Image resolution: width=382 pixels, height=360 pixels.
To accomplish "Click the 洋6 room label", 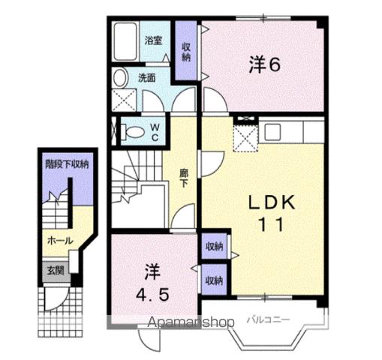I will pyautogui.click(x=264, y=64).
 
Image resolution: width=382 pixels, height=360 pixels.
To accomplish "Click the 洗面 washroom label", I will pyautogui.click(x=146, y=76).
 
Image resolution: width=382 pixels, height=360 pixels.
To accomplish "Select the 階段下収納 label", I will pyautogui.click(x=67, y=163).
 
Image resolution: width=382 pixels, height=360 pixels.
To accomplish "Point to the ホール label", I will pyautogui.click(x=60, y=241).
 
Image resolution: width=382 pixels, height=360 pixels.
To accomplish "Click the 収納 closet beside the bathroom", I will pyautogui.click(x=187, y=51).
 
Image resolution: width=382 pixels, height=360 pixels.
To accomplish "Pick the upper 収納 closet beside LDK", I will pyautogui.click(x=214, y=247).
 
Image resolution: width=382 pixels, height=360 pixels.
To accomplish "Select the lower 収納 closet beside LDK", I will pyautogui.click(x=214, y=280).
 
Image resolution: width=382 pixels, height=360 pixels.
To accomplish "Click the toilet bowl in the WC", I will pyautogui.click(x=133, y=133).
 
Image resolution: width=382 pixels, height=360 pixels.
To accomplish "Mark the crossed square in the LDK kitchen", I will pyautogui.click(x=244, y=138).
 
